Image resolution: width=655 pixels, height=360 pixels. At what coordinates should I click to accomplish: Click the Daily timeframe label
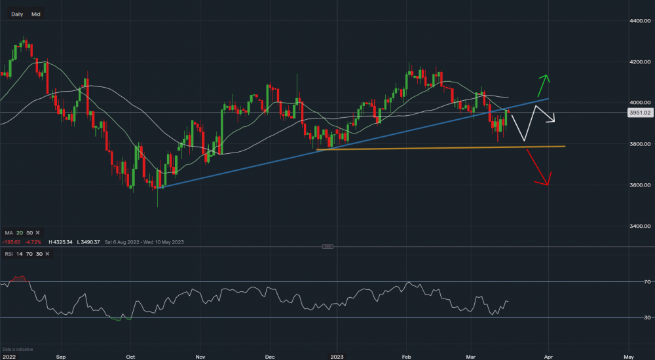[x=18, y=13]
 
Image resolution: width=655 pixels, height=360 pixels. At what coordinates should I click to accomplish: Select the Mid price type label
[x=36, y=13]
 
